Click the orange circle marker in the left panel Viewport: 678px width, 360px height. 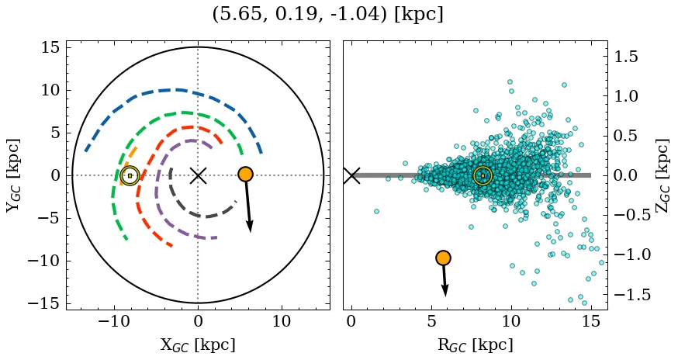click(x=245, y=174)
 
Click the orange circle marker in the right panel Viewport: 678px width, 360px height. click(x=443, y=258)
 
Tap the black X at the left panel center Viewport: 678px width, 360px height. click(x=198, y=175)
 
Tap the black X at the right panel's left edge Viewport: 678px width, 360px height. click(x=351, y=175)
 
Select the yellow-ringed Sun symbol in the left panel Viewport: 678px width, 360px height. click(x=130, y=175)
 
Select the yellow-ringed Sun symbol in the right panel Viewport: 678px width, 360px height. click(x=483, y=175)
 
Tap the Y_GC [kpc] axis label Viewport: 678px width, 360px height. click(x=13, y=175)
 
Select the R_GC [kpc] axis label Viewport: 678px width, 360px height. click(x=476, y=344)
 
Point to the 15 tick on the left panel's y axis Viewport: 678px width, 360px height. click(x=50, y=47)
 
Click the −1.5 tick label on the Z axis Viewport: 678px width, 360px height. click(x=631, y=295)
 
